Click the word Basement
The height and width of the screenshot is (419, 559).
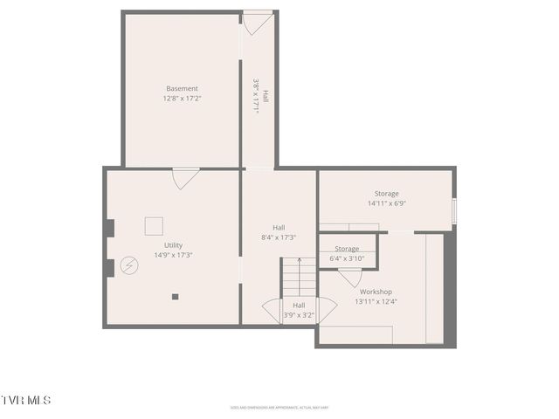click(x=182, y=89)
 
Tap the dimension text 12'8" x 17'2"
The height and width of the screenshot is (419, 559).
click(x=182, y=99)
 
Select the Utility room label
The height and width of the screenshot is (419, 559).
click(x=173, y=245)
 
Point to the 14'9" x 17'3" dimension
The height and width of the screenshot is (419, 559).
click(x=173, y=255)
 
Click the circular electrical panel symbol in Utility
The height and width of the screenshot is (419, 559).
click(x=129, y=264)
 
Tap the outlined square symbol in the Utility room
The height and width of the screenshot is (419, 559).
click(x=154, y=225)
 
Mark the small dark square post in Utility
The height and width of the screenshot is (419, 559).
click(x=175, y=297)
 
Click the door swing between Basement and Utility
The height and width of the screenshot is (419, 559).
click(x=185, y=177)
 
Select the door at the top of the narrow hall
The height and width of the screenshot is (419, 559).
click(x=257, y=22)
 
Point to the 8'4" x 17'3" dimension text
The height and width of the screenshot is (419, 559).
click(x=279, y=237)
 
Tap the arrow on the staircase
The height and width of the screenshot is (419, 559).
click(x=299, y=261)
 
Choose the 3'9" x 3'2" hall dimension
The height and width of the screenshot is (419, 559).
click(x=299, y=315)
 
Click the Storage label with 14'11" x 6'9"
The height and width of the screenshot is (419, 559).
click(x=386, y=194)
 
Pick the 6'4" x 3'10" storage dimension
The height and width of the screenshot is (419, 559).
click(x=347, y=258)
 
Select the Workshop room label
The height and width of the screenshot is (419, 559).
click(x=376, y=292)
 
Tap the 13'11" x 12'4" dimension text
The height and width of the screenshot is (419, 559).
click(x=376, y=301)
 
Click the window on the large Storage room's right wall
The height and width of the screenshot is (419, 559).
click(x=453, y=210)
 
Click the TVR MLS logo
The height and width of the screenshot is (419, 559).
click(x=25, y=400)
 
